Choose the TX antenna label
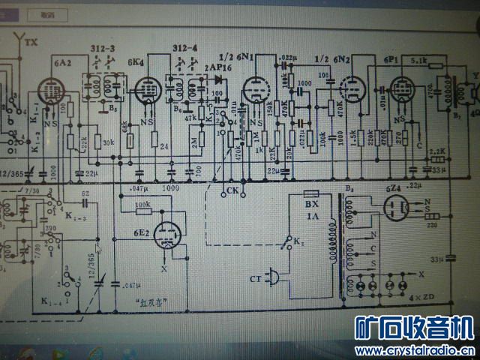(x=31, y=43)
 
